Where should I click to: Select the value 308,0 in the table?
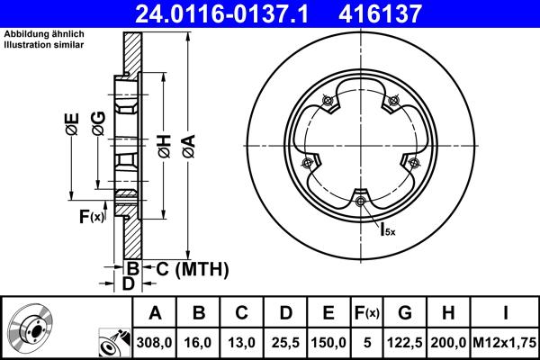tap(154, 343)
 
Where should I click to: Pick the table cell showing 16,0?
tap(199, 343)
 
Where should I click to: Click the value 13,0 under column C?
tap(242, 343)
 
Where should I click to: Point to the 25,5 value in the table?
tap(285, 343)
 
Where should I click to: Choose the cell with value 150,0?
tap(328, 343)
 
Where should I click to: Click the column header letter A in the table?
tap(154, 314)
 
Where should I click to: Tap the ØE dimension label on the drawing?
tap(71, 125)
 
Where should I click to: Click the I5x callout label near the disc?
tap(389, 229)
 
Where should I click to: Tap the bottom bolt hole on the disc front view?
tap(361, 201)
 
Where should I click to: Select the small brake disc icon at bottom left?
tap(32, 328)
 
